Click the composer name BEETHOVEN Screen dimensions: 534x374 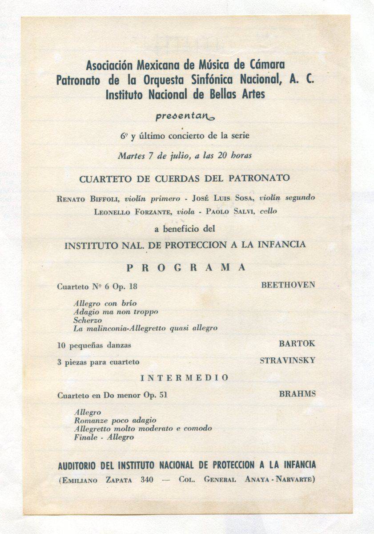(288, 285)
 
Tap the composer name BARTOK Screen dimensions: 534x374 (297, 344)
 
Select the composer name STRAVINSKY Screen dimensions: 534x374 (287, 360)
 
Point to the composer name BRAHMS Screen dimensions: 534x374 (298, 394)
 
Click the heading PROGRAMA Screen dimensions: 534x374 (186, 267)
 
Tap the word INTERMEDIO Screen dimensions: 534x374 (185, 378)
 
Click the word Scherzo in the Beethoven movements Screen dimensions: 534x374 (88, 320)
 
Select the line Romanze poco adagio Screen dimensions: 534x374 (115, 420)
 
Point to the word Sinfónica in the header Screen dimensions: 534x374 (212, 80)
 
